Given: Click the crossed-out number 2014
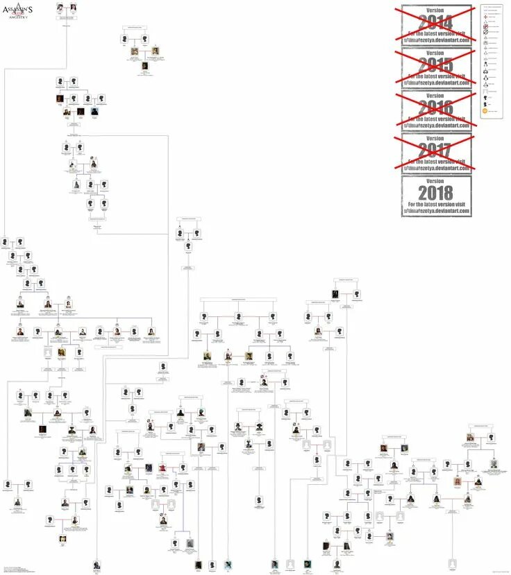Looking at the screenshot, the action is pyautogui.click(x=436, y=21).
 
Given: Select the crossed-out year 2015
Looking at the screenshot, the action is pyautogui.click(x=436, y=65).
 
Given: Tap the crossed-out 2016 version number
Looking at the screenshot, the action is pyautogui.click(x=436, y=107).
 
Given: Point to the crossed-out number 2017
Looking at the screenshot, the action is pyautogui.click(x=436, y=149).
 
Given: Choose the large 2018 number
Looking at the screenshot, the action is pyautogui.click(x=436, y=192).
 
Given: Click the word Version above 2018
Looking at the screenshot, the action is pyautogui.click(x=436, y=180).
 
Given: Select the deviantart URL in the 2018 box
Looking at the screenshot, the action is pyautogui.click(x=436, y=211).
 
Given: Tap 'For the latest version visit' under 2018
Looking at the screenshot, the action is pyautogui.click(x=436, y=205).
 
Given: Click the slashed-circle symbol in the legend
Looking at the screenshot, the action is pyautogui.click(x=485, y=32).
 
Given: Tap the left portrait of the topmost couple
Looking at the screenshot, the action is pyautogui.click(x=60, y=7).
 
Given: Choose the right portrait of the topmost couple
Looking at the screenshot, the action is pyautogui.click(x=73, y=7).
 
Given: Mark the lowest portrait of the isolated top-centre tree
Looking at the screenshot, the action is pyautogui.click(x=145, y=66).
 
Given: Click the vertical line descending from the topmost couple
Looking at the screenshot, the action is pyautogui.click(x=67, y=42).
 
